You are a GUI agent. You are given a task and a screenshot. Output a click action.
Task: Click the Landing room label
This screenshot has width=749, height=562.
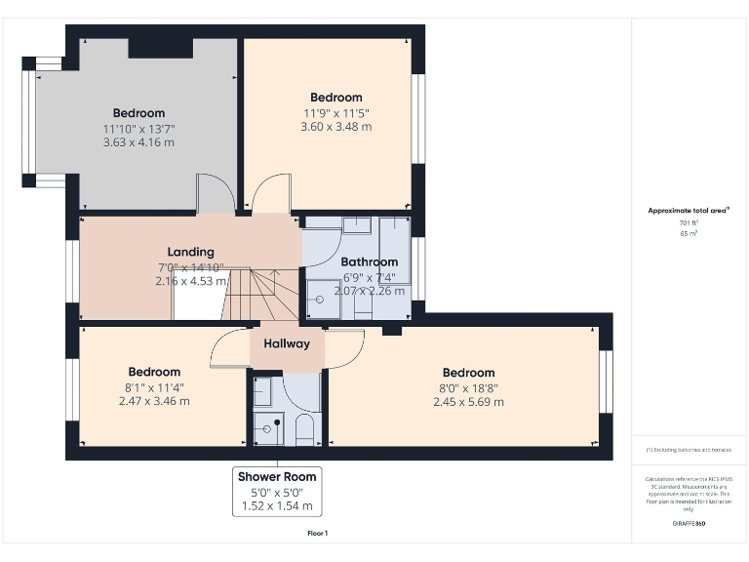pos(190,252)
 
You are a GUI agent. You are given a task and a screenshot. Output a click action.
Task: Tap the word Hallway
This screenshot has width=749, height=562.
pos(287,343)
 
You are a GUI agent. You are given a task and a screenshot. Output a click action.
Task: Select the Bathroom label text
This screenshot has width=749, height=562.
pos(369,261)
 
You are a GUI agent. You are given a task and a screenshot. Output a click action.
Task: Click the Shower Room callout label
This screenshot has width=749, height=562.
pos(277,477)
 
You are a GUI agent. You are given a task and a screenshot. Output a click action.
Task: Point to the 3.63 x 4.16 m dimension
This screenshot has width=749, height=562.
pos(138,142)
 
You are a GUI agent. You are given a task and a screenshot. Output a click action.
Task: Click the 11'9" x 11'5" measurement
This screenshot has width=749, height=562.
pos(335,112)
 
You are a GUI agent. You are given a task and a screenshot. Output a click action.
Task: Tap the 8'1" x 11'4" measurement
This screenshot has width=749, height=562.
pos(154,386)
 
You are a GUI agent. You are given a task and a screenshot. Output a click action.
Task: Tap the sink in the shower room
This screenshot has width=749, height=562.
pos(262,391)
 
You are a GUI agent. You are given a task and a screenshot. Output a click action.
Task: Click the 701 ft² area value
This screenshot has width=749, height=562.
pos(690,223)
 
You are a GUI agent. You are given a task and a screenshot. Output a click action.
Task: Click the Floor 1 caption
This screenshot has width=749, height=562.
pos(318,533)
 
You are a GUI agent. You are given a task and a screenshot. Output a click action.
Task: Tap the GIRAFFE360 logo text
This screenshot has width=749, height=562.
pos(690,525)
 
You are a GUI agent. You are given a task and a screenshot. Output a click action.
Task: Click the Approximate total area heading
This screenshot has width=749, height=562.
pos(689,210)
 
